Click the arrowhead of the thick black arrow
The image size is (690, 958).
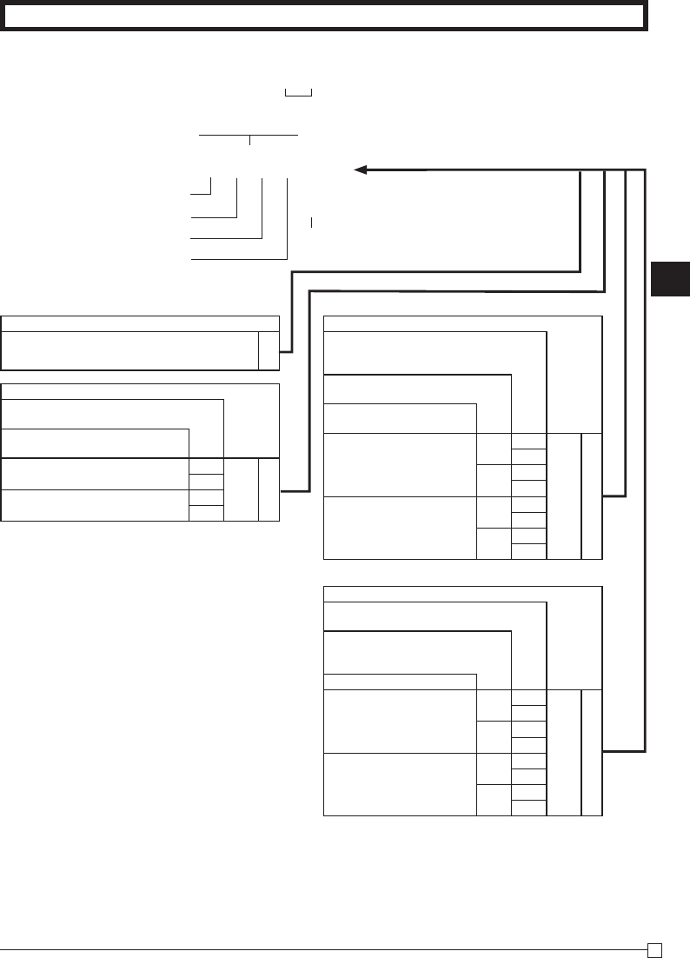pyautogui.click(x=360, y=170)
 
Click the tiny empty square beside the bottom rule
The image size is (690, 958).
pyautogui.click(x=660, y=949)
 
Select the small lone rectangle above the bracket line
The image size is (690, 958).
pyautogui.click(x=298, y=91)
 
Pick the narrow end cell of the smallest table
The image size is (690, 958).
pyautogui.click(x=269, y=350)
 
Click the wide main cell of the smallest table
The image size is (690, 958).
pyautogui.click(x=129, y=350)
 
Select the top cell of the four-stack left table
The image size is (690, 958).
pyautogui.click(x=207, y=466)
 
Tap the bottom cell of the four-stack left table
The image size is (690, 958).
pyautogui.click(x=207, y=513)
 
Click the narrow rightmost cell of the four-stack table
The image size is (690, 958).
pyautogui.click(x=269, y=489)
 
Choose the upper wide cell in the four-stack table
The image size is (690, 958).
pyautogui.click(x=95, y=474)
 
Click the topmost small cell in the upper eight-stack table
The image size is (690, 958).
pyautogui.click(x=529, y=441)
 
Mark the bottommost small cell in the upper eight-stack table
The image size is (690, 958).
pyautogui.click(x=529, y=550)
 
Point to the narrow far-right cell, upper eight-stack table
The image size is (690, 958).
pyautogui.click(x=592, y=495)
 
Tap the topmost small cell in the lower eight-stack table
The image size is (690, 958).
pyautogui.click(x=529, y=698)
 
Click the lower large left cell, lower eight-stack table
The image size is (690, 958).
pyautogui.click(x=400, y=784)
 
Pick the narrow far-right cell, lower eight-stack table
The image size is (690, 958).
pyautogui.click(x=592, y=753)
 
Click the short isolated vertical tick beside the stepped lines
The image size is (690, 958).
pyautogui.click(x=311, y=223)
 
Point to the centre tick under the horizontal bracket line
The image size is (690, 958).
pyautogui.click(x=249, y=140)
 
